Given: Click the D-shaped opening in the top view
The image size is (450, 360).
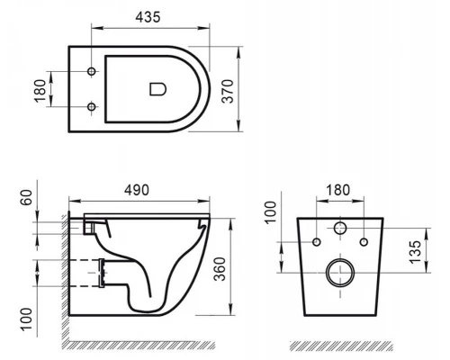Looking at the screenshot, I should pyautogui.click(x=157, y=88).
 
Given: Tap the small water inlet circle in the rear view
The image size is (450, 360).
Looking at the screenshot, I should pyautogui.click(x=341, y=229).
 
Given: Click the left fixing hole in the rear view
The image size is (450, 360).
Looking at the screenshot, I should pyautogui.click(x=319, y=242).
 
